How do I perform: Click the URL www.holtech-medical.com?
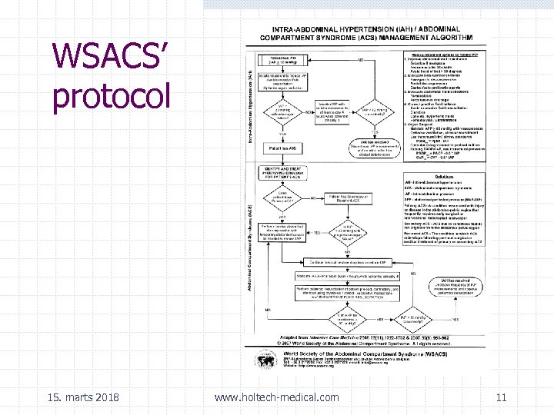click(x=276, y=397)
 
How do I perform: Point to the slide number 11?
click(x=501, y=397)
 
